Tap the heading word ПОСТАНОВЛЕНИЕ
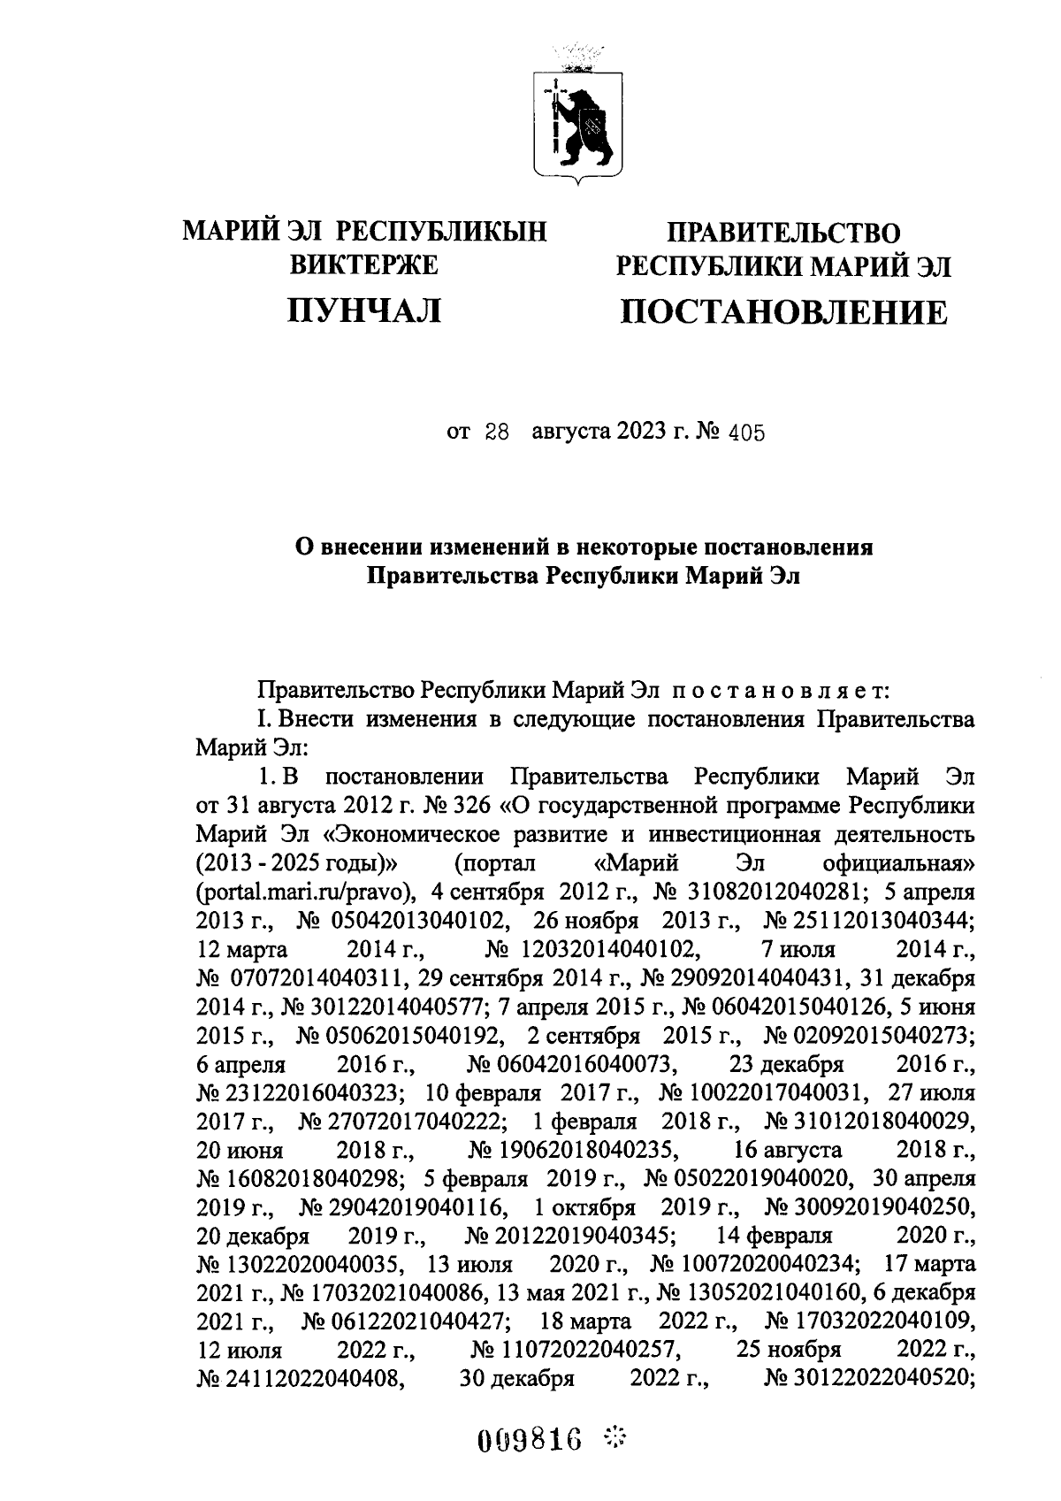point(783,311)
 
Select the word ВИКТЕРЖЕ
point(364,264)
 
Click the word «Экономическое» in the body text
point(348,834)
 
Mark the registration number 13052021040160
point(769,1293)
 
